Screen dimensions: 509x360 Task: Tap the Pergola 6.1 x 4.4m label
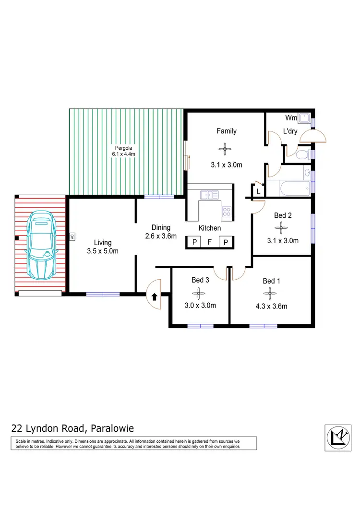(124, 151)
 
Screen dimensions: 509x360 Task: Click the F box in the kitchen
(210, 242)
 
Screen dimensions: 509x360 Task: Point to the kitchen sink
(209, 195)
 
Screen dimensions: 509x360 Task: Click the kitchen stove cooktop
(227, 211)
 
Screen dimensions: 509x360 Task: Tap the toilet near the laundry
(302, 154)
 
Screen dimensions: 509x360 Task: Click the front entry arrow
(155, 297)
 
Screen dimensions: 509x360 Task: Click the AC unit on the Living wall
(72, 236)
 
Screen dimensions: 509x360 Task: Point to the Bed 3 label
(200, 280)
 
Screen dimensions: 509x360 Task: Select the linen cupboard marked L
(258, 191)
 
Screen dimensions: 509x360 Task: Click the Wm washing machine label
(291, 118)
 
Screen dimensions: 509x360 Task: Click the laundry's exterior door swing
(312, 138)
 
